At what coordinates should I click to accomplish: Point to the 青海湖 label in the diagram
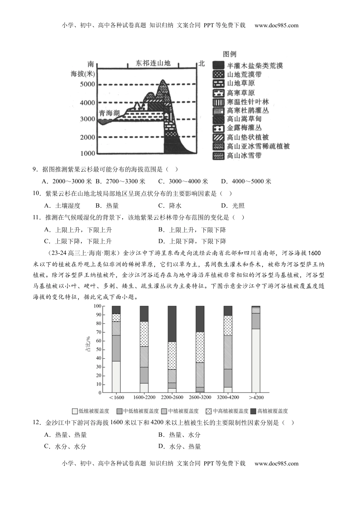click(109, 113)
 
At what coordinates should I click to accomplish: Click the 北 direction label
click(201, 63)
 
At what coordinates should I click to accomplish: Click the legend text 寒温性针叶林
click(248, 101)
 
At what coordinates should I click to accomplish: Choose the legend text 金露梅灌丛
click(244, 128)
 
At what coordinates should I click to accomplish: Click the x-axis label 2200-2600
click(172, 397)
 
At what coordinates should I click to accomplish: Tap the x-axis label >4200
click(256, 397)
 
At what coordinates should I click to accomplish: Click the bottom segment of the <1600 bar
click(116, 377)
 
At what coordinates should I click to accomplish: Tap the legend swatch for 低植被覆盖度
click(75, 411)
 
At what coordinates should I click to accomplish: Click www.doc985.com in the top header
click(276, 25)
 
